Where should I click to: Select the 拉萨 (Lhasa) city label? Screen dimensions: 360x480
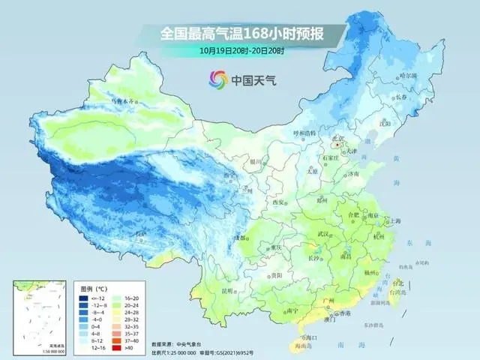click(140, 234)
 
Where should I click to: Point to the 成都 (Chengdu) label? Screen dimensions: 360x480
click(240, 238)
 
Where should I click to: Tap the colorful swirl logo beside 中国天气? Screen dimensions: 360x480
click(217, 78)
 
